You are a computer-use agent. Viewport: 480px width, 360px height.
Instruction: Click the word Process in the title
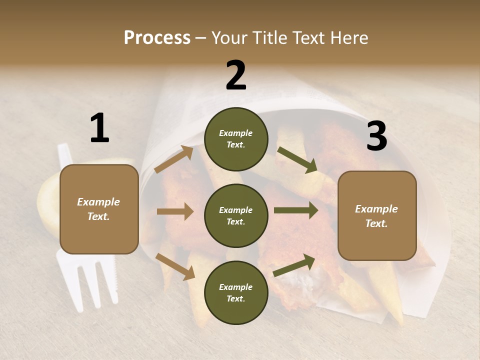pos(157,37)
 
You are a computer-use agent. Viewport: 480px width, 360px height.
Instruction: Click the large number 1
pos(99,128)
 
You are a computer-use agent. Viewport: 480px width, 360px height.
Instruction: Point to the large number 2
pos(236,75)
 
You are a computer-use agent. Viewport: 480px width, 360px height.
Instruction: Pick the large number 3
pos(376,136)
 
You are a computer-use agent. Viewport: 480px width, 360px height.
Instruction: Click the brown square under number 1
pos(99,209)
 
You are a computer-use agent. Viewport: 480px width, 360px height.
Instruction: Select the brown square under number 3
pos(377,215)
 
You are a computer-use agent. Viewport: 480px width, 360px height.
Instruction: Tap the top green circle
pos(236,139)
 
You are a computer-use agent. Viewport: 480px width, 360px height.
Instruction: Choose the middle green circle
pos(236,215)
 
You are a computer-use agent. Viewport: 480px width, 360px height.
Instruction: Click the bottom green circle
pos(236,292)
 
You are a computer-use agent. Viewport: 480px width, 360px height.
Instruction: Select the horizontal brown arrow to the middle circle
pos(175,211)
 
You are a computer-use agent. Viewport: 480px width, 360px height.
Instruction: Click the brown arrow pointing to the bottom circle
pos(175,266)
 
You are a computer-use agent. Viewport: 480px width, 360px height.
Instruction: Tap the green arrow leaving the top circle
pos(297,159)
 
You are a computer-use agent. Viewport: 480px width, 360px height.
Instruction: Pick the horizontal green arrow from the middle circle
pos(296,210)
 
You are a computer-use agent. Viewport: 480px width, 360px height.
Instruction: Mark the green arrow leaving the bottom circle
pos(294,265)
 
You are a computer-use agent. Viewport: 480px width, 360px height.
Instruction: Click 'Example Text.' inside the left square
pos(98,209)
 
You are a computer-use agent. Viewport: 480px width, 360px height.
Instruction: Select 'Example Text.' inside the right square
pos(376,216)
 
